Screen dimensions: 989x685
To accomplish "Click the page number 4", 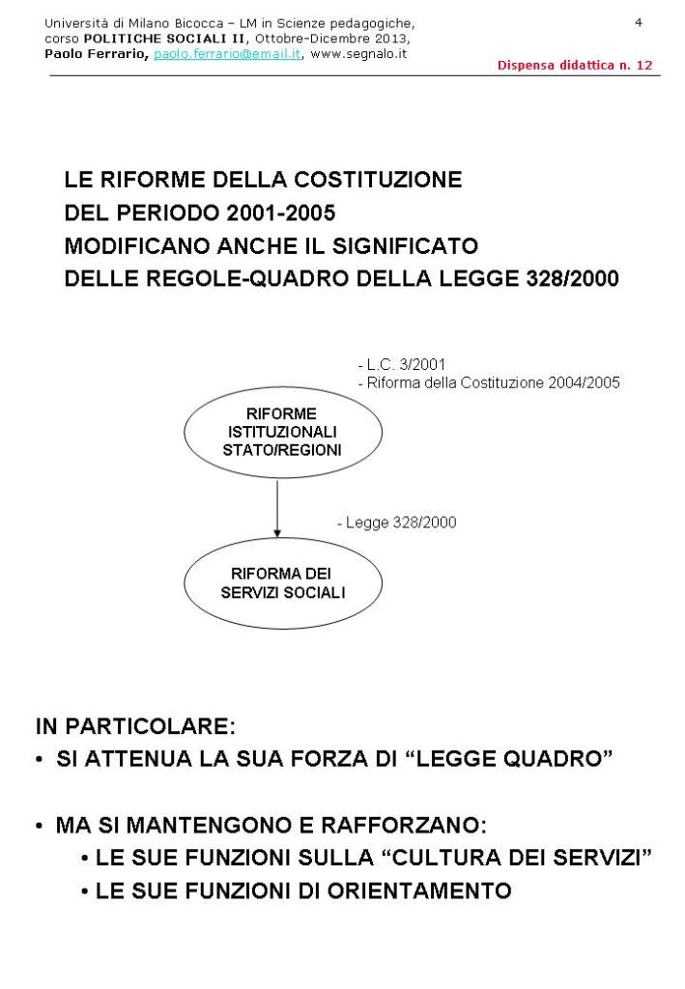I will click(x=639, y=21).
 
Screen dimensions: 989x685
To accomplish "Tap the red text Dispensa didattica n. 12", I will click(x=575, y=65).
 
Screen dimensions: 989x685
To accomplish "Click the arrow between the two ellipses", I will click(x=277, y=504).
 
